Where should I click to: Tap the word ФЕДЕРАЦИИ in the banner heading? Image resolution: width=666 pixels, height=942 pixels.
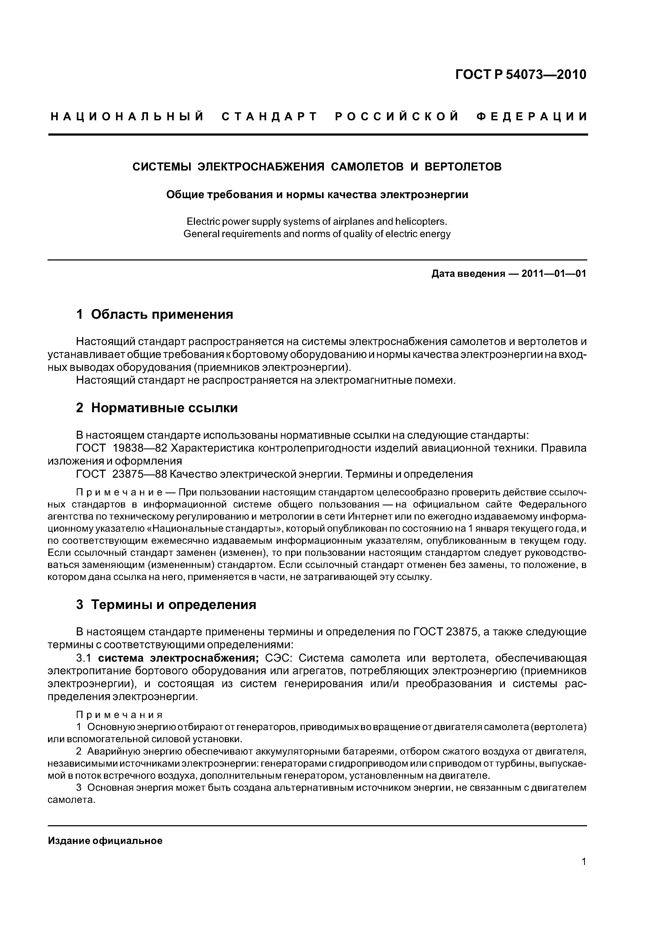pyautogui.click(x=532, y=117)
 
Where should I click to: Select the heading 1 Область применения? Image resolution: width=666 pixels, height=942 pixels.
pyautogui.click(x=154, y=315)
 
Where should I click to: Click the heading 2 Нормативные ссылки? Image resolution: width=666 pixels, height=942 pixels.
pyautogui.click(x=157, y=408)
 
